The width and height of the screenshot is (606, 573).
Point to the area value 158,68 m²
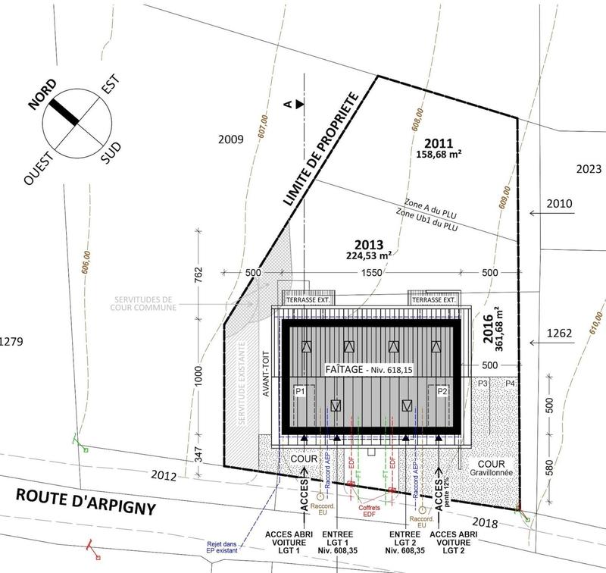pyautogui.click(x=439, y=152)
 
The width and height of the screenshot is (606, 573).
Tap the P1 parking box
pyautogui.click(x=300, y=391)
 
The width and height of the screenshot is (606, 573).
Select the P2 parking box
pyautogui.click(x=442, y=391)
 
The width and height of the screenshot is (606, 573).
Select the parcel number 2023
pyautogui.click(x=587, y=169)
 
